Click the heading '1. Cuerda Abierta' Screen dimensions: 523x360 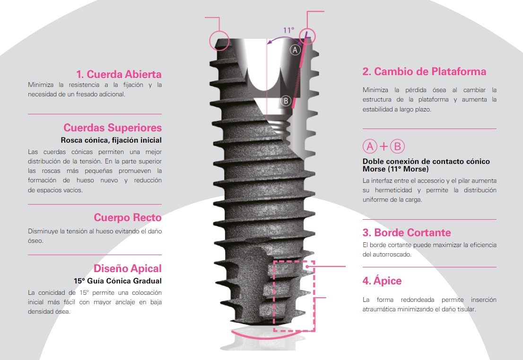[119, 74]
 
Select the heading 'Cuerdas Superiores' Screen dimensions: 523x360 [113, 128]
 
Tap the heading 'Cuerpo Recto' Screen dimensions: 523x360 [127, 217]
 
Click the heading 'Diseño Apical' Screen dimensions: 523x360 [127, 268]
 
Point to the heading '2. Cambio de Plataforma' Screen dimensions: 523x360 [424, 71]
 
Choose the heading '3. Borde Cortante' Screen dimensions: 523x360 [407, 232]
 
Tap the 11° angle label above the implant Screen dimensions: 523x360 [289, 30]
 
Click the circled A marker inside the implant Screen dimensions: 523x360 [295, 50]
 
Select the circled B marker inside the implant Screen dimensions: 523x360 [286, 101]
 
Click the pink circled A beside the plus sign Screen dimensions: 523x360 [370, 146]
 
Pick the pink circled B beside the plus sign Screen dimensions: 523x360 [397, 146]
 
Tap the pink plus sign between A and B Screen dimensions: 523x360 [384, 146]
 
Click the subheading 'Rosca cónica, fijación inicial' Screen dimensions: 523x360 [111, 140]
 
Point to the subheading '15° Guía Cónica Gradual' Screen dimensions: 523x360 [118, 281]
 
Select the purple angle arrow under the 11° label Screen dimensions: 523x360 [284, 39]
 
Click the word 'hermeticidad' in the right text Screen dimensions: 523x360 [393, 190]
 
